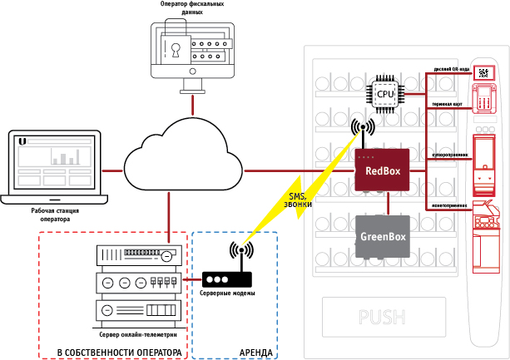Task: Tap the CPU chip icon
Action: (385, 94)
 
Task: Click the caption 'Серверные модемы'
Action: (227, 294)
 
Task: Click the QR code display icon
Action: (483, 72)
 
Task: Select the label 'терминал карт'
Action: (447, 104)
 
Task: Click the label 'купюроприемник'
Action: (449, 154)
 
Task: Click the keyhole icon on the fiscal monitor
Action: (176, 47)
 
